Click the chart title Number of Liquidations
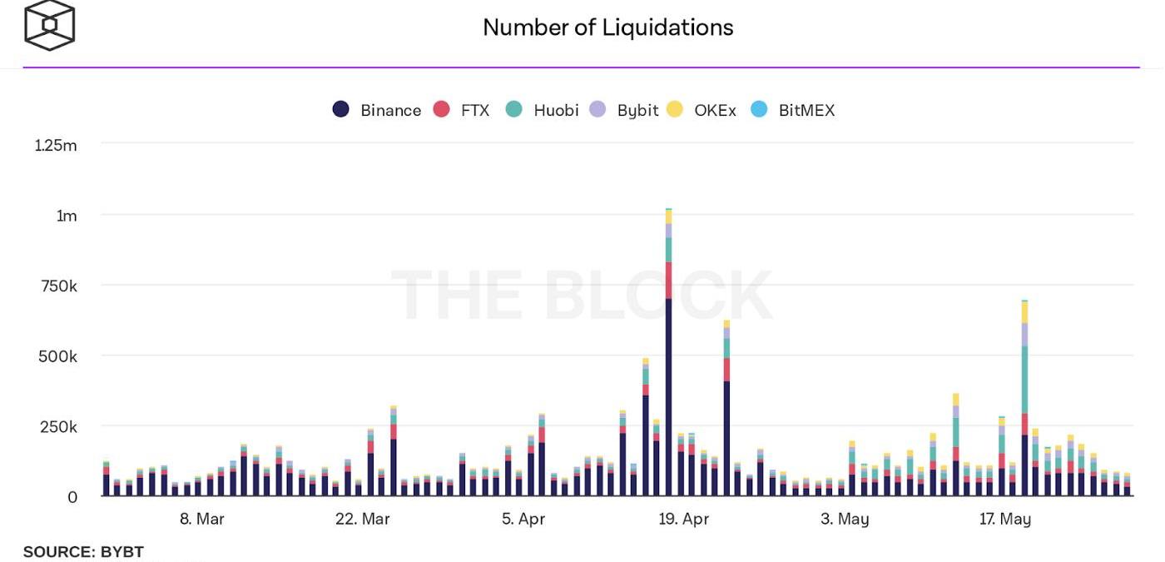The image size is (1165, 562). coord(607,27)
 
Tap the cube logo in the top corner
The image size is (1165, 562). coord(49,25)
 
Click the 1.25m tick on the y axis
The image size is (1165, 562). coord(56,146)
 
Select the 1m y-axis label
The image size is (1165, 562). coord(67,216)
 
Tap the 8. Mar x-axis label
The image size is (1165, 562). coord(201,520)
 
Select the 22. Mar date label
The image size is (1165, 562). coord(362,520)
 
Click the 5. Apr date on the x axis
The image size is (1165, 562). coord(523,520)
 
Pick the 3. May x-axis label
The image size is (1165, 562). coord(845,520)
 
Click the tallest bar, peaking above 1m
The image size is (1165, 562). coord(668,375)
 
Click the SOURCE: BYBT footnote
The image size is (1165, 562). coord(83,552)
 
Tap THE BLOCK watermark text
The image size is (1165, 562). coord(581,296)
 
